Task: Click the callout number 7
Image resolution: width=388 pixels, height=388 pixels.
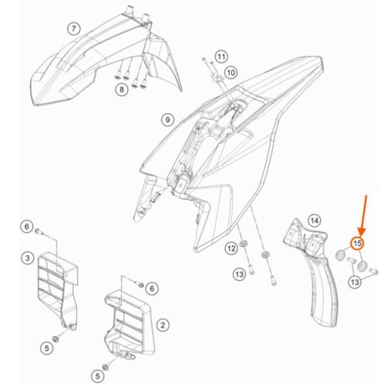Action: [x=74, y=29]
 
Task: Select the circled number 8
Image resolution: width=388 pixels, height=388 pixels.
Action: [x=122, y=90]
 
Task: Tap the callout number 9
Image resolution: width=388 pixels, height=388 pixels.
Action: [x=168, y=120]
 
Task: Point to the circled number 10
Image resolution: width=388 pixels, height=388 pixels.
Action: [x=230, y=73]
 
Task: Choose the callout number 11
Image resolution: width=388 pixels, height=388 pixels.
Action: [x=221, y=57]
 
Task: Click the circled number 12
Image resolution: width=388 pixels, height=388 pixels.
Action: [x=231, y=248]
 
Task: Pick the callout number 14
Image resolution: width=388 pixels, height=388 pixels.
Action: [x=314, y=221]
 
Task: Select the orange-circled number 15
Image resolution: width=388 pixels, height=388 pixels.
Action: [x=357, y=244]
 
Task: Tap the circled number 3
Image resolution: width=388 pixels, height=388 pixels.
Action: [x=27, y=258]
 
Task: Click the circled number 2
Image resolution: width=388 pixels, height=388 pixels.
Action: [x=163, y=325]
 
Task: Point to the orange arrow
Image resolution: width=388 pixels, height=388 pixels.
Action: [x=364, y=215]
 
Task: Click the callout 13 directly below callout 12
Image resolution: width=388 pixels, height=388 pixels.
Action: [x=239, y=274]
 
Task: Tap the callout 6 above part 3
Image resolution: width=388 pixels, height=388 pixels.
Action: [x=27, y=227]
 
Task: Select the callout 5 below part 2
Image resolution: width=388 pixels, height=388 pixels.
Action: [x=98, y=376]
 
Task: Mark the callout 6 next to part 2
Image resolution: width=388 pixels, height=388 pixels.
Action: [x=152, y=289]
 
